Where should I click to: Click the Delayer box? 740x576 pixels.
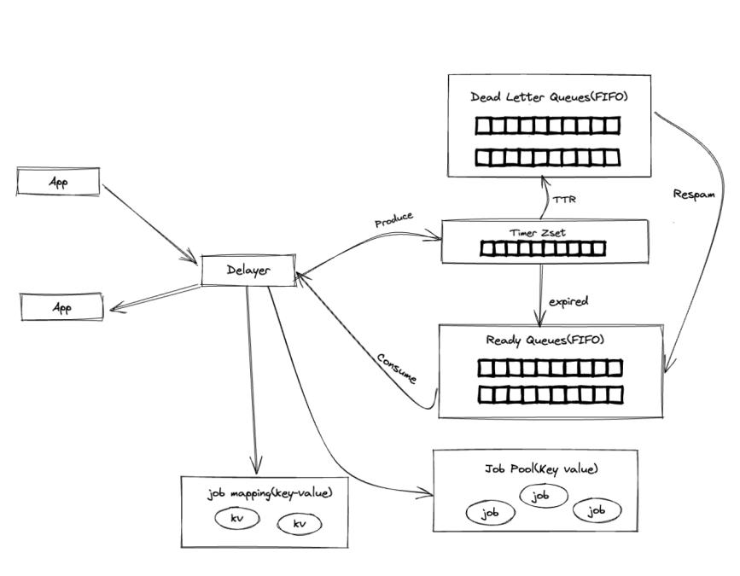(x=248, y=270)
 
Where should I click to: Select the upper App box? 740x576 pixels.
(x=58, y=182)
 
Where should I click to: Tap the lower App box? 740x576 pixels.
(x=62, y=307)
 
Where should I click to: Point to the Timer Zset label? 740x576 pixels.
(x=537, y=232)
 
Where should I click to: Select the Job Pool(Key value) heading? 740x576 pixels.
(x=535, y=469)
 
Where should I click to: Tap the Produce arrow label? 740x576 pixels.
(x=393, y=220)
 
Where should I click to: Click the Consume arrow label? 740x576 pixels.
(x=397, y=366)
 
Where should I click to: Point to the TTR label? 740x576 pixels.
(x=564, y=200)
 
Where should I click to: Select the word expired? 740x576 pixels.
(x=568, y=301)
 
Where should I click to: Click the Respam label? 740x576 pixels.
(x=694, y=194)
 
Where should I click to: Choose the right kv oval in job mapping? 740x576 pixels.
(x=300, y=523)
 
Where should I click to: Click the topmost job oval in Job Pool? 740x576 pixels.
(x=539, y=495)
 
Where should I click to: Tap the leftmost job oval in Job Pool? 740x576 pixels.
(x=490, y=513)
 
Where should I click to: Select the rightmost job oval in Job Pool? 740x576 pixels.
(x=596, y=510)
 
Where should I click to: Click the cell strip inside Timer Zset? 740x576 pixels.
(x=542, y=248)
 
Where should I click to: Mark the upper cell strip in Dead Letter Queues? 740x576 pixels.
(x=547, y=126)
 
